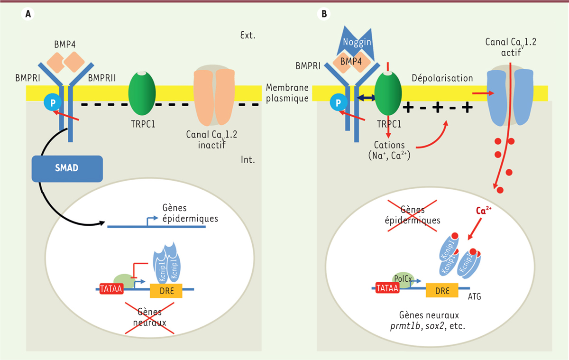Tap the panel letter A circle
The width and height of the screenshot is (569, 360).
28,14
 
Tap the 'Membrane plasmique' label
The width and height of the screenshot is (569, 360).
287,92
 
